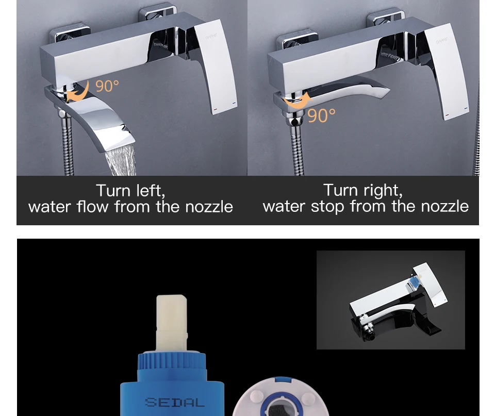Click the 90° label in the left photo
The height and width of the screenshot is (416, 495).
pyautogui.click(x=107, y=86)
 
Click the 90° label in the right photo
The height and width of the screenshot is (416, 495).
pyautogui.click(x=321, y=115)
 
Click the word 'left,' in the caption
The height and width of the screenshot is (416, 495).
pyautogui.click(x=151, y=190)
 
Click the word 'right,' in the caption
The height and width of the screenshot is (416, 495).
pyautogui.click(x=383, y=190)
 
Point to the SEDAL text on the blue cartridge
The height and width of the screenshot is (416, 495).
pyautogui.click(x=175, y=402)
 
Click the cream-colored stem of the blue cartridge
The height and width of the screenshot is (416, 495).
pyautogui.click(x=171, y=322)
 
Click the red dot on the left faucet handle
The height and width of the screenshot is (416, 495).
pyautogui.click(x=216, y=109)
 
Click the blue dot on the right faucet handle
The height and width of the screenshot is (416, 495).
pyautogui.click(x=466, y=108)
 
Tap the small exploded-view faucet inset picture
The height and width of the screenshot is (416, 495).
pyautogui.click(x=390, y=300)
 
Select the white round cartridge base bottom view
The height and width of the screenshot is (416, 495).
pyautogui.click(x=280, y=397)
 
